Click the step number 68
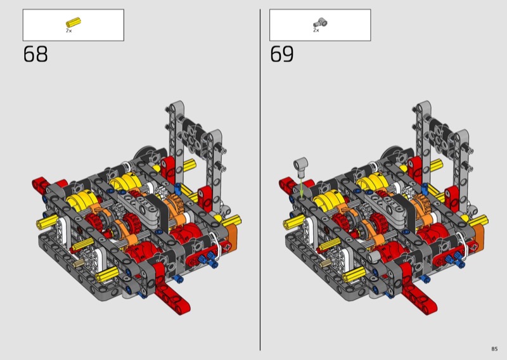point(35,54)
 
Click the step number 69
point(282,54)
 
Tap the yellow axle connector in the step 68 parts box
point(74,22)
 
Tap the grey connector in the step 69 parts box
point(320,23)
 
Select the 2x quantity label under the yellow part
point(69,30)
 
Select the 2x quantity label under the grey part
point(316,30)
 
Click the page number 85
point(494,349)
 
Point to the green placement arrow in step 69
point(302,188)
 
